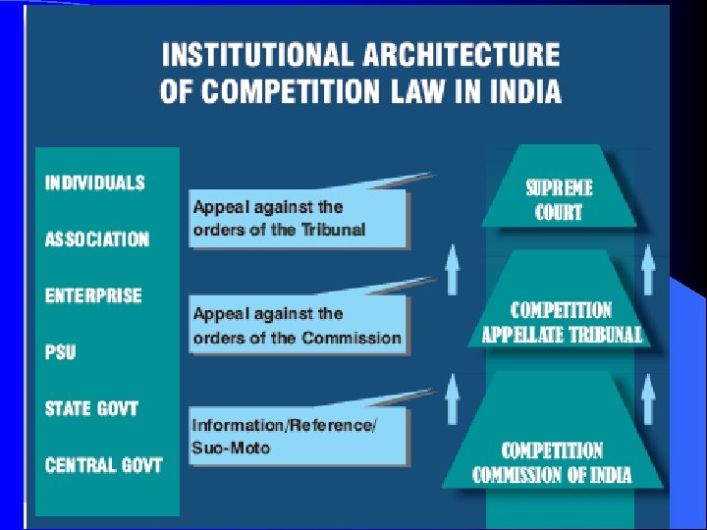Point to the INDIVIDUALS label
pos(94,183)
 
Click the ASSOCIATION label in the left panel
pos(97,238)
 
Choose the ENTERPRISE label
pos(93,295)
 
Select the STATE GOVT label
pos(91,408)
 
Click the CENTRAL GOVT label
pos(104,464)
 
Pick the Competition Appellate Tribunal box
pos(562,322)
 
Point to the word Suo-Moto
pos(231,448)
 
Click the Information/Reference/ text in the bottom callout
pos(285,425)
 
